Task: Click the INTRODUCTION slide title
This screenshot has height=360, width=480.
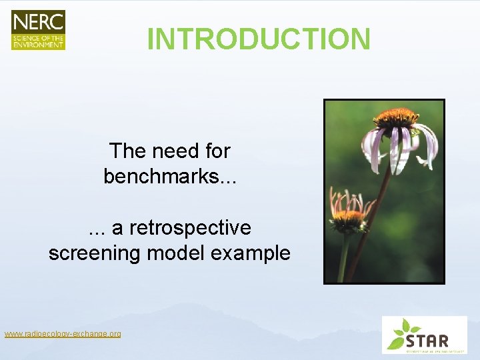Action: click(259, 39)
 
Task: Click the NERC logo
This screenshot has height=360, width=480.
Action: click(38, 30)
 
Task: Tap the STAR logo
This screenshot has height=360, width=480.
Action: click(424, 335)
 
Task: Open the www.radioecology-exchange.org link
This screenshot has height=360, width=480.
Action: click(63, 333)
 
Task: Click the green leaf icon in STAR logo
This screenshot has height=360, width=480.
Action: click(401, 333)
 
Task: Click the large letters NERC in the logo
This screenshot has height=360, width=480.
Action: click(38, 21)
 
